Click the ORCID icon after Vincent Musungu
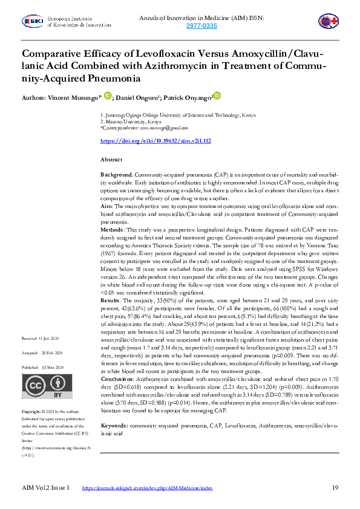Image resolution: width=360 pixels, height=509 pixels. tap(108, 96)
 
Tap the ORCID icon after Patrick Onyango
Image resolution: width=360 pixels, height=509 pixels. tap(217, 96)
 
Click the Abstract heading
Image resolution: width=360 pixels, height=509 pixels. tap(111, 159)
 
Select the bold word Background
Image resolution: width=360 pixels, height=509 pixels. tap(116, 173)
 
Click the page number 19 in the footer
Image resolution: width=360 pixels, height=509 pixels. tap(335, 487)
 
